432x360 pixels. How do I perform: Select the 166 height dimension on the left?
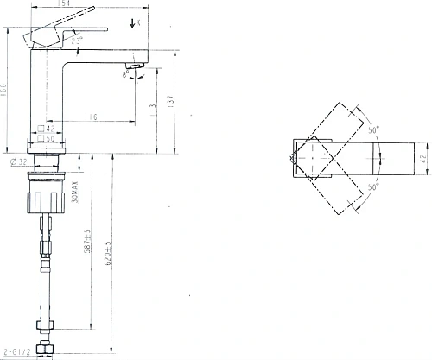tap(6, 89)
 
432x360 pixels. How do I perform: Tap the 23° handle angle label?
tap(77, 41)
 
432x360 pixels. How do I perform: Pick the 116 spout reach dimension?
tap(91, 117)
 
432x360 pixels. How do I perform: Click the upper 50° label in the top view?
tap(373, 131)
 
